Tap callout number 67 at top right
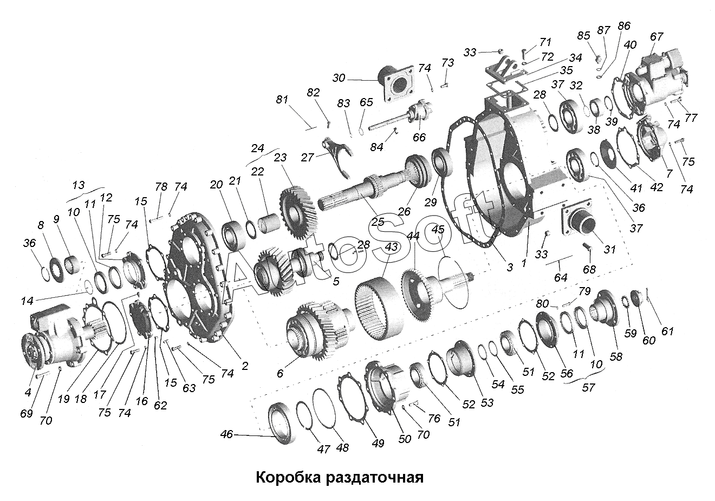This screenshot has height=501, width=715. [x=656, y=37]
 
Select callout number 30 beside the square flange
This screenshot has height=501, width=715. [x=339, y=78]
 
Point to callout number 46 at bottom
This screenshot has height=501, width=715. [x=226, y=434]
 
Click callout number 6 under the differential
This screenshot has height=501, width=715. [x=280, y=373]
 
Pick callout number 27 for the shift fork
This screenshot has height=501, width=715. [x=307, y=157]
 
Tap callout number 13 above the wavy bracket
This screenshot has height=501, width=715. [x=79, y=185]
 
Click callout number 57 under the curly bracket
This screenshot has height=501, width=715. [x=588, y=388]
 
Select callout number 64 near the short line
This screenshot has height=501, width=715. [x=561, y=277]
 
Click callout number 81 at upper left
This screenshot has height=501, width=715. [x=282, y=100]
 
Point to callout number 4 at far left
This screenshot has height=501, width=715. [x=28, y=392]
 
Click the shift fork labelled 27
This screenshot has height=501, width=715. [x=339, y=157]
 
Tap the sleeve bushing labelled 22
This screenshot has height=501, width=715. [x=269, y=224]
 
